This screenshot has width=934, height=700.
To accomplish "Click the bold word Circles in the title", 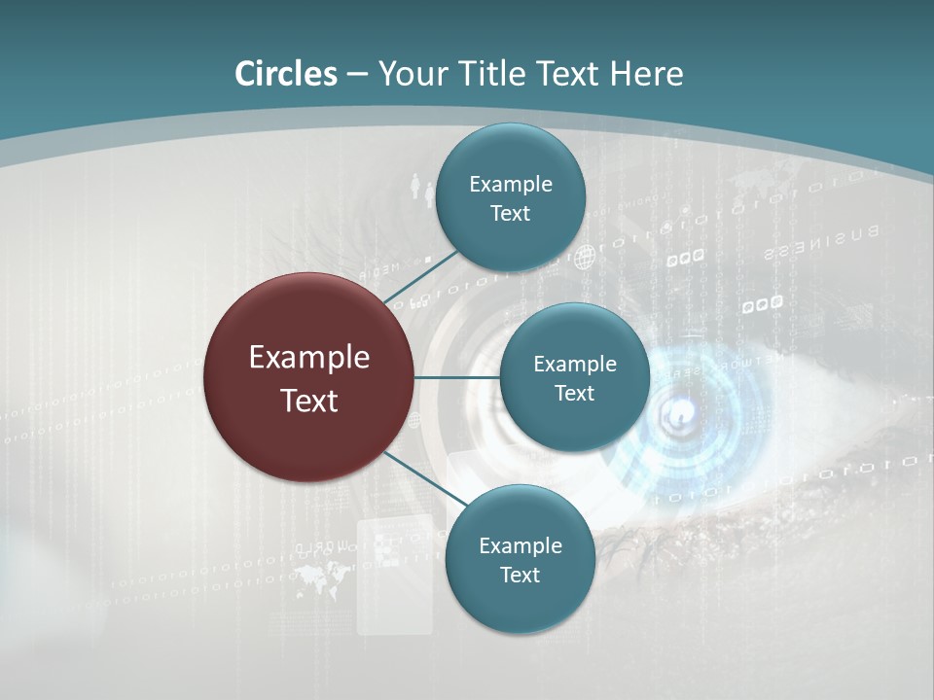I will click(x=286, y=74).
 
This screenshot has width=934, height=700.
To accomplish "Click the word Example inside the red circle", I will click(x=308, y=358).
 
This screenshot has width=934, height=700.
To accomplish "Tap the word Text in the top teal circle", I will click(x=510, y=214).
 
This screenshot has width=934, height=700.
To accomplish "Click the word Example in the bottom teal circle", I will click(x=520, y=545).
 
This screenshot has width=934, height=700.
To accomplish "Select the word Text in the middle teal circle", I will click(x=574, y=393).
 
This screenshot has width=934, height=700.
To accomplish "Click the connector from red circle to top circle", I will click(x=422, y=278).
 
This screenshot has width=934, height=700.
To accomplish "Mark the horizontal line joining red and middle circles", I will click(x=456, y=377).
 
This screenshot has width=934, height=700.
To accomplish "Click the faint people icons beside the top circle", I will click(x=420, y=187).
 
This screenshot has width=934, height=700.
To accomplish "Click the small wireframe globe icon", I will click(x=584, y=258).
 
